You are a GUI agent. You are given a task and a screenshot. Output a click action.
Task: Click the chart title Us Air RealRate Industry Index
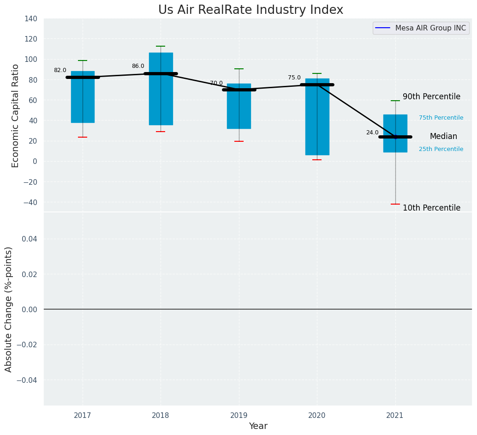(250, 10)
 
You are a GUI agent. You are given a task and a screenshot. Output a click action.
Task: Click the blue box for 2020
(317, 120)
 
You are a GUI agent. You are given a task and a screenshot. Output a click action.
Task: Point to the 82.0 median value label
(60, 71)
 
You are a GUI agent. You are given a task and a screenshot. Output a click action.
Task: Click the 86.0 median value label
(138, 66)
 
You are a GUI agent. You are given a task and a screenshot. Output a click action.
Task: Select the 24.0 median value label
(372, 133)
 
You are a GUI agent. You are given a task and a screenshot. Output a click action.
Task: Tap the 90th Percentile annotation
(431, 97)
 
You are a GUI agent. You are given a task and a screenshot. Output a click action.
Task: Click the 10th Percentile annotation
(431, 208)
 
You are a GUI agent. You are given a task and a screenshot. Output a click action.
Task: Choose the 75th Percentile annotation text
(441, 118)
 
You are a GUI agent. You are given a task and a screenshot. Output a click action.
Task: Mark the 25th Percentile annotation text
(441, 150)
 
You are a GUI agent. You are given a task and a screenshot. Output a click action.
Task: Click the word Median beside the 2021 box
(443, 137)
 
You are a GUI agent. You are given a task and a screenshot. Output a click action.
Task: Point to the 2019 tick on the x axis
(239, 416)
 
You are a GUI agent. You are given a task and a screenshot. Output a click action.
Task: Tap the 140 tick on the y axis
(31, 19)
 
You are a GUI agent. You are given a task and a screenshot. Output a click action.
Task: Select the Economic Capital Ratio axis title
(16, 115)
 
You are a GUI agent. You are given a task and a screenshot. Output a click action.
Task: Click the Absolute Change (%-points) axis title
(9, 309)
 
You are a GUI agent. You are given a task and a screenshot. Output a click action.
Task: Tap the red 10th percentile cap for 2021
(395, 204)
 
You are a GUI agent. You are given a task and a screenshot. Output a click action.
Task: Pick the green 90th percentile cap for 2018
(161, 46)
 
